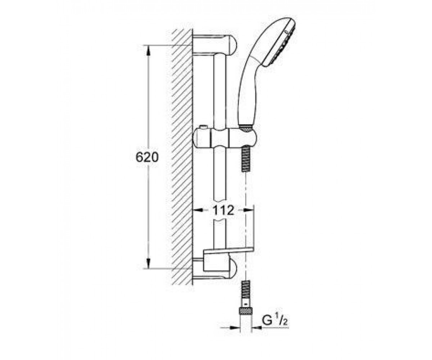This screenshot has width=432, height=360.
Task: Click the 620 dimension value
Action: (147, 157)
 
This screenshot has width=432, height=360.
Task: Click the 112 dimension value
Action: (223, 210)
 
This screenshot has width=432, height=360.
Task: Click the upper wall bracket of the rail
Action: (215, 45)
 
